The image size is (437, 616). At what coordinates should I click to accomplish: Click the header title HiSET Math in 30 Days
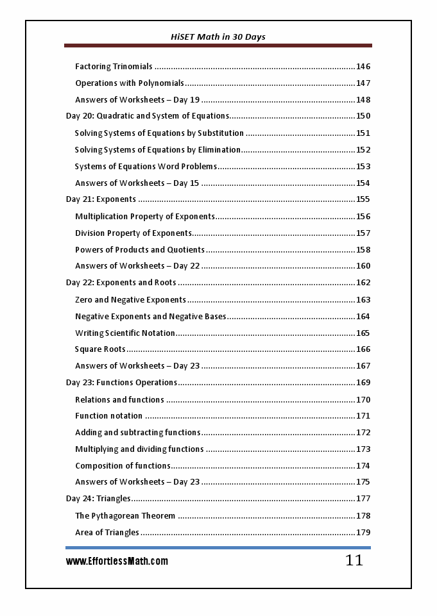tap(218, 37)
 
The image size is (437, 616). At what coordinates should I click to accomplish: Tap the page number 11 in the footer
tap(354, 560)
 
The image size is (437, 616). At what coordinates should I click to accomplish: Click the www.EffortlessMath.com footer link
tap(117, 562)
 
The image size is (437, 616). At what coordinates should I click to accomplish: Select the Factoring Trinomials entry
tap(114, 67)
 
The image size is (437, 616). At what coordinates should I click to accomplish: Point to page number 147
tap(363, 83)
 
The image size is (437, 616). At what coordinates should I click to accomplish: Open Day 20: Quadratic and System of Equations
tap(147, 116)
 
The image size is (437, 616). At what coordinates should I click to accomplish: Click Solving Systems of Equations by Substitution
tap(159, 133)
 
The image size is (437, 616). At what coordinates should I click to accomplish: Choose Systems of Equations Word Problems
tap(146, 167)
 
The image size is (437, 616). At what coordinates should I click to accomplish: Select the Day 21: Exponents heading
tap(101, 199)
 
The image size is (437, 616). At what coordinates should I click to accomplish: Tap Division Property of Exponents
tap(133, 233)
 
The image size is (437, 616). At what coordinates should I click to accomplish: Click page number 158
tap(363, 250)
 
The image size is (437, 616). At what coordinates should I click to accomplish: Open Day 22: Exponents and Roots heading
tap(121, 283)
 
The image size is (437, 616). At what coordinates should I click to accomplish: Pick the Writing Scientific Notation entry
tap(125, 333)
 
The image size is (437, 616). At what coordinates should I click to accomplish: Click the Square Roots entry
tap(100, 349)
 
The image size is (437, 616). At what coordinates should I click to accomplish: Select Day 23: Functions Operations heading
tap(121, 383)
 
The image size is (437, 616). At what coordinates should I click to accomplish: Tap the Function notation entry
tap(108, 416)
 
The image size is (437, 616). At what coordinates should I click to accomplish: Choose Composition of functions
tap(123, 466)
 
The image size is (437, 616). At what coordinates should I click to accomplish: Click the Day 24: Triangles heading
tap(98, 499)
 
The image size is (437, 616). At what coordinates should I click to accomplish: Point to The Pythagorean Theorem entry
tap(125, 516)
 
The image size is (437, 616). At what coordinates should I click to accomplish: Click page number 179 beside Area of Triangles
tap(363, 533)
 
